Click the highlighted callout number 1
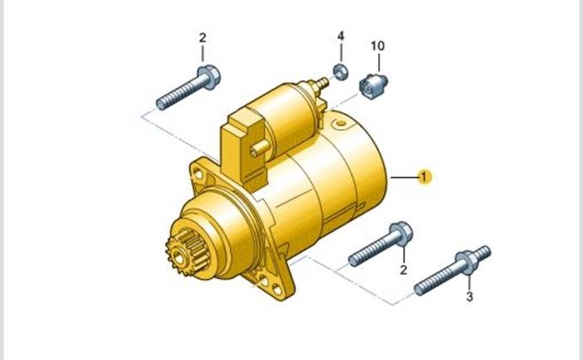[x=424, y=176]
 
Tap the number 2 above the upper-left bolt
[x=203, y=37]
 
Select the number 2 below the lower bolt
[x=404, y=269]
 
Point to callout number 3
[x=469, y=297]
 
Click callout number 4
[x=340, y=36]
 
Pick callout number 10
[x=378, y=46]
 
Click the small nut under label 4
[x=340, y=71]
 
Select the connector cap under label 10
[x=373, y=86]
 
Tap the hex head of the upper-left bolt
[x=209, y=76]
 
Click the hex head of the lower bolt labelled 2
[x=401, y=233]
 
